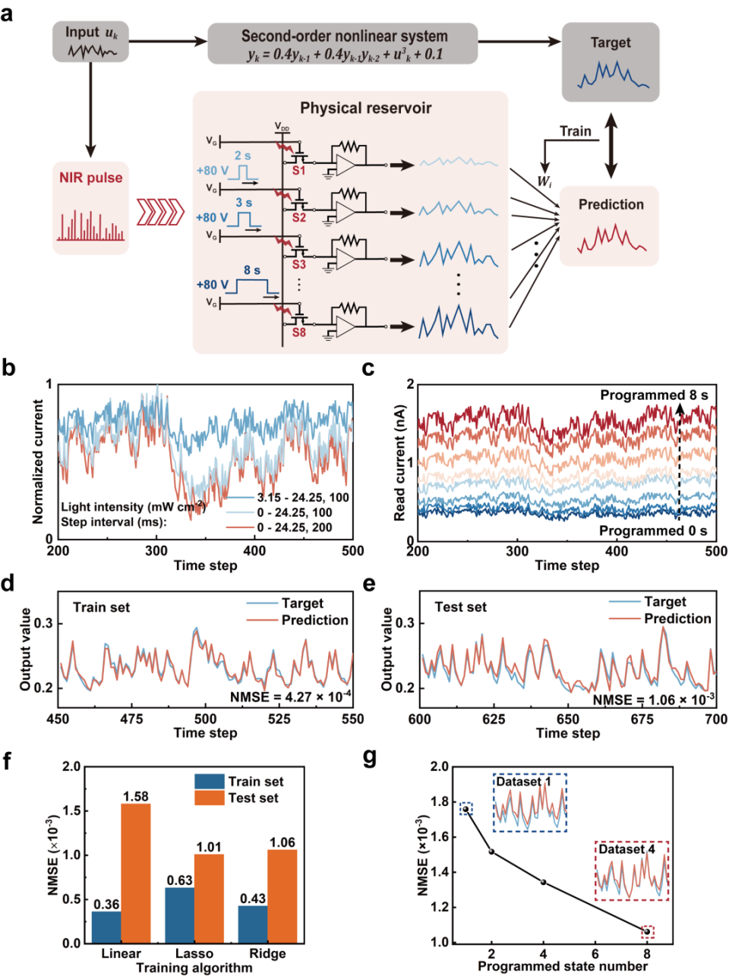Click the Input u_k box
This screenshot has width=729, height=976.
click(x=90, y=42)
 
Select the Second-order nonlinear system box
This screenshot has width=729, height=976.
click(x=342, y=44)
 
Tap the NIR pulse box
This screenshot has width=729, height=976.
click(x=90, y=207)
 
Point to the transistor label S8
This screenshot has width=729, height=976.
click(x=298, y=332)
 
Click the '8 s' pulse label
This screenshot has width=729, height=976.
click(x=251, y=270)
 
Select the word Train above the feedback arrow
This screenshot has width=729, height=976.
click(x=575, y=131)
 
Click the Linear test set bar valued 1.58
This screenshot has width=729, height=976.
click(x=136, y=873)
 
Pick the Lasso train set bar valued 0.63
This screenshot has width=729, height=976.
click(x=180, y=915)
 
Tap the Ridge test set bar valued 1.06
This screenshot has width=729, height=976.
click(x=282, y=896)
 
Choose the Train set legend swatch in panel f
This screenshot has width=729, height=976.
click(x=209, y=782)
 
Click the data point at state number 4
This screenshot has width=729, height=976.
click(x=543, y=882)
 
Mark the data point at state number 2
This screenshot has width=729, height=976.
click(x=491, y=852)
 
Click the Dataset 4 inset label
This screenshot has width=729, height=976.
click(x=626, y=849)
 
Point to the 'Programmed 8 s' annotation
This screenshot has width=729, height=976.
click(x=653, y=395)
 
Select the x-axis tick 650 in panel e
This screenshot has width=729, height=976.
click(x=567, y=719)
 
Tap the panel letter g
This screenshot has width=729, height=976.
click(x=370, y=758)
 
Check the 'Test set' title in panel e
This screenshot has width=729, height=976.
click(x=460, y=607)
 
